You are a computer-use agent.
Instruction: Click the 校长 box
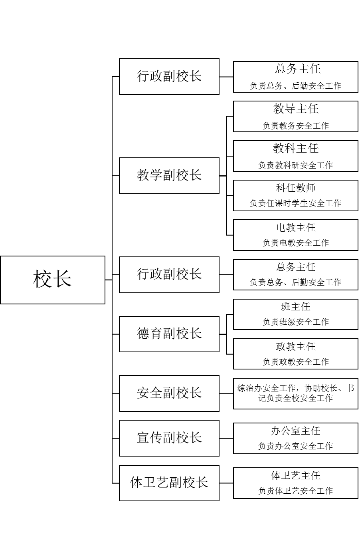(52, 280)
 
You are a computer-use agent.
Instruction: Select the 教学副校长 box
(169, 175)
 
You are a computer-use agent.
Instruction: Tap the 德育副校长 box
(169, 334)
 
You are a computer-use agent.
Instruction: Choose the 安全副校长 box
(169, 393)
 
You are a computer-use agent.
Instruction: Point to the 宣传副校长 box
(169, 438)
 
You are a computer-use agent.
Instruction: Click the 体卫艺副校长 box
(169, 483)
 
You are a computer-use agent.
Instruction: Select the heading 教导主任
(296, 109)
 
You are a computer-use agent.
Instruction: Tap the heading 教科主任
(296, 149)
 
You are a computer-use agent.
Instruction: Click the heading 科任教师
(296, 188)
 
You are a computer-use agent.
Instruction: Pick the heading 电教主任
(296, 228)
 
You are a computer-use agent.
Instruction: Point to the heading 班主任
(296, 307)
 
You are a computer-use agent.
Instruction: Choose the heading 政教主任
(296, 346)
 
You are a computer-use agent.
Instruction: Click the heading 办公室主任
(296, 431)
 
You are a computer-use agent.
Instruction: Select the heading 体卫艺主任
(296, 476)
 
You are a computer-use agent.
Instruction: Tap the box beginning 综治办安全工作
(296, 393)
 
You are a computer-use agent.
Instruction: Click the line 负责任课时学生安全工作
(296, 203)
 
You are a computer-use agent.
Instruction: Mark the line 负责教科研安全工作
(296, 165)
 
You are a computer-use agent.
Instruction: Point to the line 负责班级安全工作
(296, 322)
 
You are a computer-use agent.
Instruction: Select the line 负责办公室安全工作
(296, 446)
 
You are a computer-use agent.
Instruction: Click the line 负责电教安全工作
(296, 243)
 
